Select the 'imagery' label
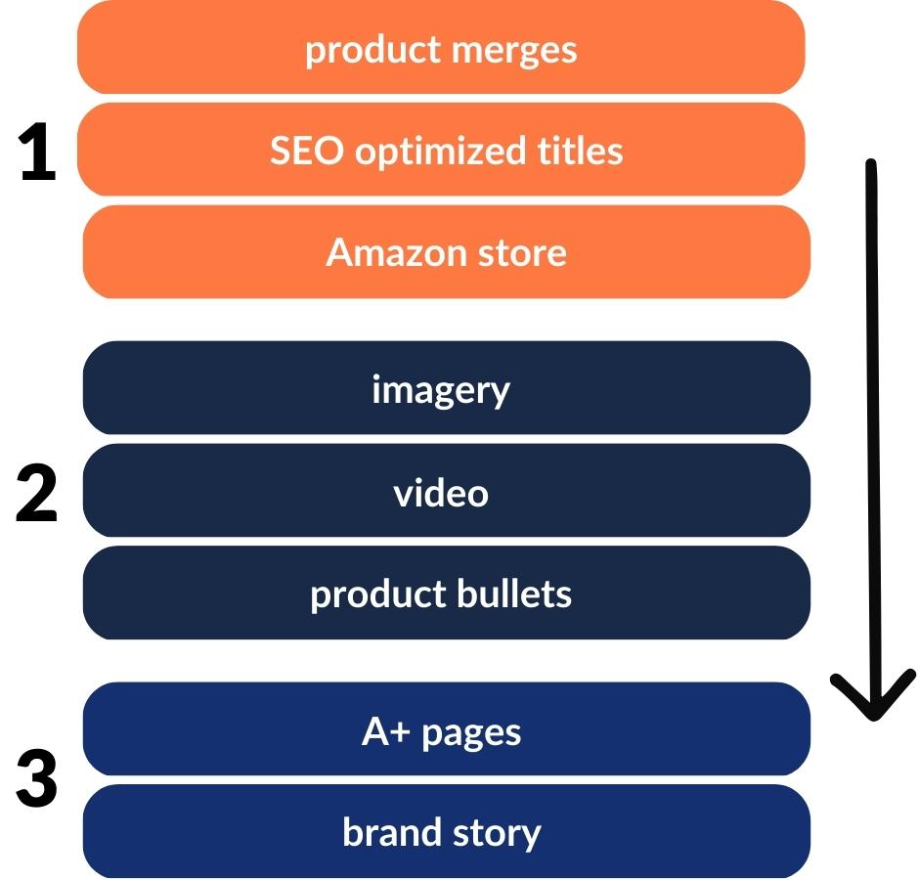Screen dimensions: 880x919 (x=441, y=391)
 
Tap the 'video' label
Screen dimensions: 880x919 (x=441, y=493)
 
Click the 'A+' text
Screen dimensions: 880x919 (x=385, y=732)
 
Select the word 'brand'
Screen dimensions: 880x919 (x=387, y=833)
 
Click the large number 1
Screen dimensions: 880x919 (x=38, y=156)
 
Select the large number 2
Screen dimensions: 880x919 (x=37, y=495)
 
